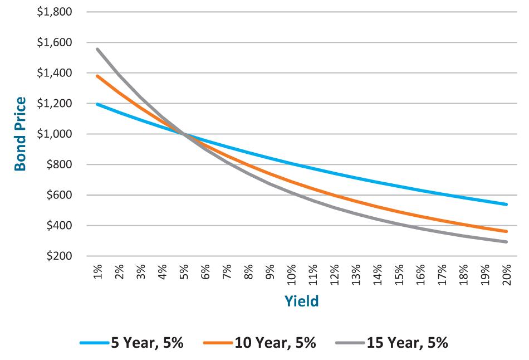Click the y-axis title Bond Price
click(x=20, y=134)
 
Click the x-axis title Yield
click(x=301, y=301)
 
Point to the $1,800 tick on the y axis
click(x=54, y=12)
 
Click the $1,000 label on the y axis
click(x=54, y=134)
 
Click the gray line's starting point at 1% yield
click(x=97, y=49)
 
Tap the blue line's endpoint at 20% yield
click(x=506, y=205)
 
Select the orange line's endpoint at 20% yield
click(x=506, y=231)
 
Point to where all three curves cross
click(x=183, y=134)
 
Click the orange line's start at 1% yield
click(x=97, y=76)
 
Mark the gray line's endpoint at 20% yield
click(x=506, y=242)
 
